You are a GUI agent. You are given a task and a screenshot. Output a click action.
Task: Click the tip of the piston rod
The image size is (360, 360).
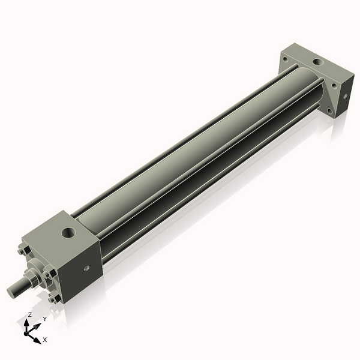11,292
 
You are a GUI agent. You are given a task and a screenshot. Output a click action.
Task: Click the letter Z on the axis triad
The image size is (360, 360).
30,314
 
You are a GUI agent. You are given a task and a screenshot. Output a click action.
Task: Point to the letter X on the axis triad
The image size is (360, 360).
45,340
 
